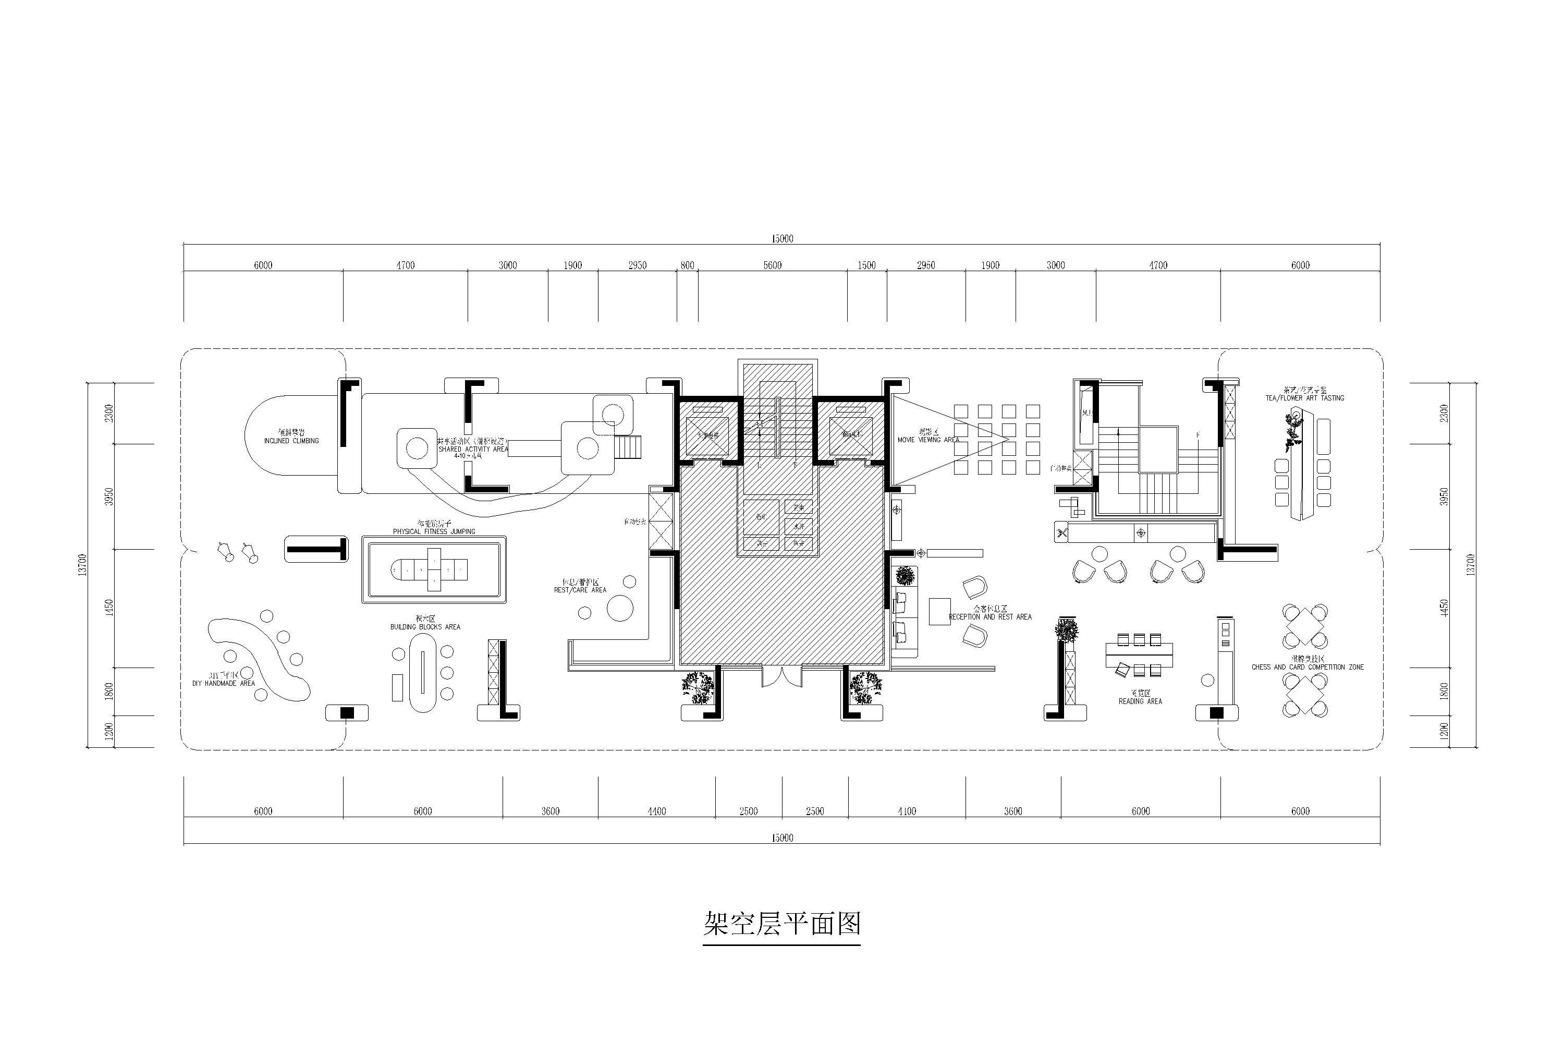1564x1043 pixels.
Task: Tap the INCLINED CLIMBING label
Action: tap(291, 440)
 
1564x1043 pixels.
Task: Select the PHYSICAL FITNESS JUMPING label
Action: tap(434, 531)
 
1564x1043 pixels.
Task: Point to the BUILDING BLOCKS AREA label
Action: tap(425, 627)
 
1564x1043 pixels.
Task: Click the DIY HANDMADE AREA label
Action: tap(224, 683)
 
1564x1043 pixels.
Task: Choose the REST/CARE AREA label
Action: tap(580, 590)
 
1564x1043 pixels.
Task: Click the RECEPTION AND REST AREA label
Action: tap(989, 616)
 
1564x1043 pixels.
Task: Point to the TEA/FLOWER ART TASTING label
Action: tap(1305, 398)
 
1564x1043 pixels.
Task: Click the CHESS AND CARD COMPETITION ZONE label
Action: tap(1308, 666)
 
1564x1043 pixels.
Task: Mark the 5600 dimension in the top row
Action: tap(772, 265)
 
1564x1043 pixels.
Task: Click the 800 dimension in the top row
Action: tap(687, 265)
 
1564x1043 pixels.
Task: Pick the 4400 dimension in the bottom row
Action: tap(656, 811)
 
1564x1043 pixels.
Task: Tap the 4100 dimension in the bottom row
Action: tap(907, 811)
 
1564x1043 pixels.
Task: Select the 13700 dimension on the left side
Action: tap(82, 565)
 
